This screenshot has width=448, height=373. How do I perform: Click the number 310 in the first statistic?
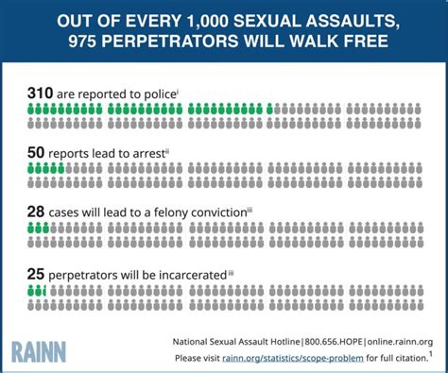tap(40, 93)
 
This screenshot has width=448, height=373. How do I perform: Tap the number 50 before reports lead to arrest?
tap(36, 153)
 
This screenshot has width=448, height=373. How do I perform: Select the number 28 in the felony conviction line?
tap(36, 212)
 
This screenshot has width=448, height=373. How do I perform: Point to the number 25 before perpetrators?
tap(36, 274)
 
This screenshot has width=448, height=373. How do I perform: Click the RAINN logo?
tap(39, 351)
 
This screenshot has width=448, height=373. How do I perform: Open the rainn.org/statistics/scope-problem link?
tap(293, 358)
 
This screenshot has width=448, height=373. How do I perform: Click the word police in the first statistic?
tap(160, 94)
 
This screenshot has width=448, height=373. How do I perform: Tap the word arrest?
tap(149, 154)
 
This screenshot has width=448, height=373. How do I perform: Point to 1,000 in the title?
tap(207, 22)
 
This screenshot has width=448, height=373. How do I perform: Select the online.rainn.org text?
tap(400, 342)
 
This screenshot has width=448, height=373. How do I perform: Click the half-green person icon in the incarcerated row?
tap(44, 291)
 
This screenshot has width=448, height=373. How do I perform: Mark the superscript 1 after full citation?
tap(430, 354)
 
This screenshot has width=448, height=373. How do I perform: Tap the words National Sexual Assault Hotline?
tap(236, 342)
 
